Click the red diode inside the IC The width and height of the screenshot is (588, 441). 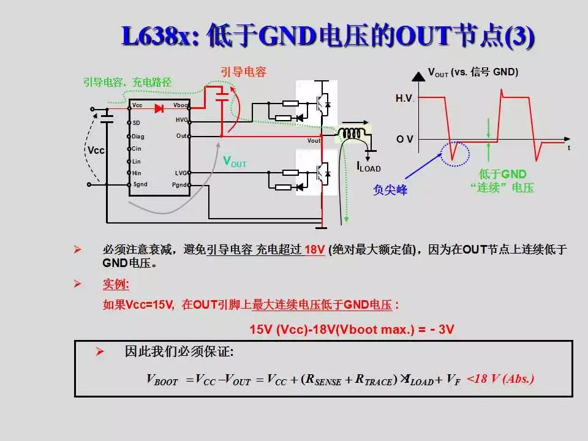(x=159, y=108)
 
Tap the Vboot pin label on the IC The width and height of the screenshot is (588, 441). (x=181, y=106)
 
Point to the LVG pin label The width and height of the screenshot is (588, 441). (x=181, y=173)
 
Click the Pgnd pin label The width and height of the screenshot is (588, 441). (x=180, y=184)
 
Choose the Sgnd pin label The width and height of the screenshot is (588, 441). (x=140, y=184)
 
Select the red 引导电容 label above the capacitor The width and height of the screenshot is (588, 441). (x=243, y=72)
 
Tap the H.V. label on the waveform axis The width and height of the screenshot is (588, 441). (x=405, y=99)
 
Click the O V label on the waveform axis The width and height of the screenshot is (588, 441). (x=404, y=140)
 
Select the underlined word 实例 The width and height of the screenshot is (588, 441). (x=116, y=285)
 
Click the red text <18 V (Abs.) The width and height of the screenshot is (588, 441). (x=500, y=379)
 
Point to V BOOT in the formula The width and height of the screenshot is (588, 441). (x=162, y=380)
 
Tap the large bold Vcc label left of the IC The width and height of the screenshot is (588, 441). (x=96, y=150)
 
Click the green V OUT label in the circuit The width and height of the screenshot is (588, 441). (x=235, y=162)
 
